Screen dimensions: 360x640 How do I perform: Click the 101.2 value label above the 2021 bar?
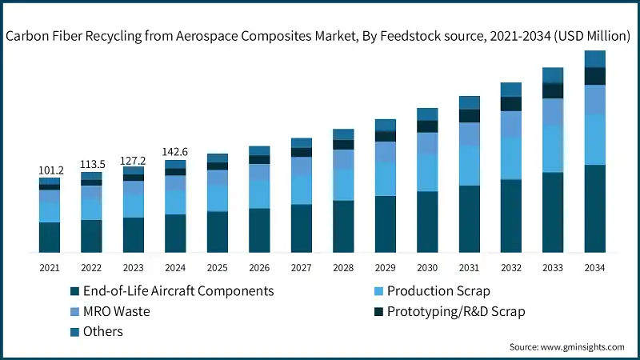coord(50,170)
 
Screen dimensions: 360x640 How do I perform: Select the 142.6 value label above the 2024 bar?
coord(175,152)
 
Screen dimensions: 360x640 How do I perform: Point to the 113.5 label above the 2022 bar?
coord(91,165)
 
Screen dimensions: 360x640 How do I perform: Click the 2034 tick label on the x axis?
coord(594,267)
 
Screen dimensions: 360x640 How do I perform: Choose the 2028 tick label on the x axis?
coord(342,267)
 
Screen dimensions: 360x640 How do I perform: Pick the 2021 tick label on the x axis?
coord(50,267)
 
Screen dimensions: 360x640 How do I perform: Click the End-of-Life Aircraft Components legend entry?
coord(178,290)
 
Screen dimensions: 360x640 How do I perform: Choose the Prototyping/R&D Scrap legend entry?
coord(456,310)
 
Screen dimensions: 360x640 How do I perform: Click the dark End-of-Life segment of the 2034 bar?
coord(594,209)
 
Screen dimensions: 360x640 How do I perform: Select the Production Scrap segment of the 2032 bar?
coord(510,158)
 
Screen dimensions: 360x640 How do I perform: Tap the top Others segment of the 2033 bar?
coord(552,75)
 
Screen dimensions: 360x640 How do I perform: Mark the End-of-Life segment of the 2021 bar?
coord(50,238)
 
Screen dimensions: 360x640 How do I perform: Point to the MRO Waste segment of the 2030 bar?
coord(426,142)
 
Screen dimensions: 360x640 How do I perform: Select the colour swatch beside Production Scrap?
coord(378,291)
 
